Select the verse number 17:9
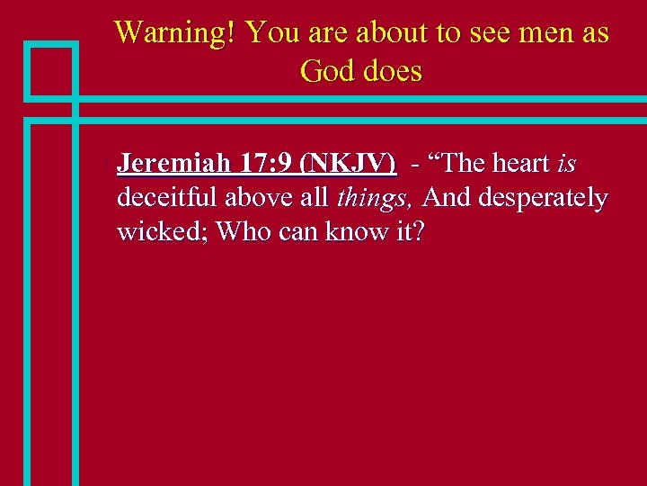point(266,164)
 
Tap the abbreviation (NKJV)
point(350,164)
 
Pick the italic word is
point(566,164)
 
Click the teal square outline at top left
point(50,69)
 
